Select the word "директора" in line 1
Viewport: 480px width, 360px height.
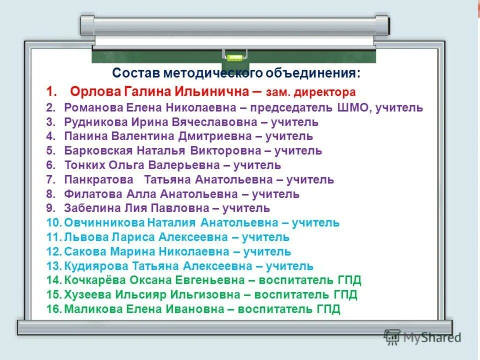click(x=331, y=92)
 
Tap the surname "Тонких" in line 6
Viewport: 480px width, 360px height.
click(x=83, y=165)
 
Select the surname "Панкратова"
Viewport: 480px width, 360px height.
click(x=99, y=179)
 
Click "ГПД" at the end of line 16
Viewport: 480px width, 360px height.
click(x=328, y=309)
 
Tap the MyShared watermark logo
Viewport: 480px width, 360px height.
click(x=422, y=337)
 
